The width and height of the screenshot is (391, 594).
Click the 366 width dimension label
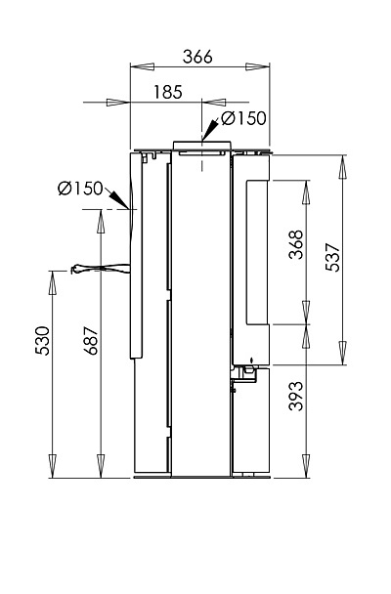click(x=197, y=57)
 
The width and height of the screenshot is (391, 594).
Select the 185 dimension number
click(x=168, y=92)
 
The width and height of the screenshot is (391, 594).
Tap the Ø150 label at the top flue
click(x=243, y=118)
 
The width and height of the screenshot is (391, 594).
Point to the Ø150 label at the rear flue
click(x=80, y=189)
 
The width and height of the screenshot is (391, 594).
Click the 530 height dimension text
click(x=43, y=341)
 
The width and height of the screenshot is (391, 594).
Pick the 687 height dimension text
click(x=91, y=341)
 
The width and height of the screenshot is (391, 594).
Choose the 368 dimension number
click(x=296, y=244)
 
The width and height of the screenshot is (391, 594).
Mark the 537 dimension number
click(x=332, y=257)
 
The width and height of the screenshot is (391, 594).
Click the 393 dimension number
click(x=296, y=396)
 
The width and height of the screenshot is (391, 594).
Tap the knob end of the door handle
click(x=76, y=269)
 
